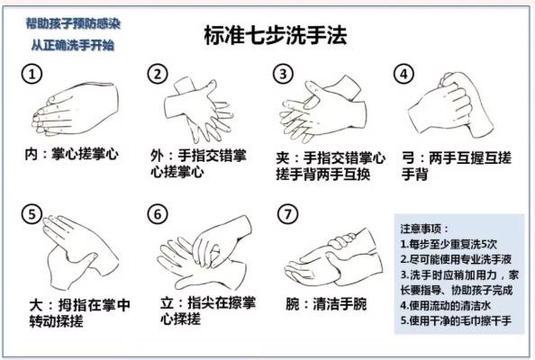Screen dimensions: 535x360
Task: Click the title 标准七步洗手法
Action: [276, 35]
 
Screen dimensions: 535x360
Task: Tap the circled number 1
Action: [32, 74]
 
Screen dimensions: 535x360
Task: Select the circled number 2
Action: [158, 74]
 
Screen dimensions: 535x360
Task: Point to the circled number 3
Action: [283, 74]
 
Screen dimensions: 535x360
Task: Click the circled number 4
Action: [404, 74]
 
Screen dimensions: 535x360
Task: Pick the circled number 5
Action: [32, 214]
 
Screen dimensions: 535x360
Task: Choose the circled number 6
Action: [158, 214]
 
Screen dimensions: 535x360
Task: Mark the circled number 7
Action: [288, 214]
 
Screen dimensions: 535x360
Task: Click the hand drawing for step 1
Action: [75, 109]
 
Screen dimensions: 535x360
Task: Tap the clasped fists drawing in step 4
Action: [451, 105]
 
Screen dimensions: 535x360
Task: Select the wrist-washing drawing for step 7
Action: [333, 257]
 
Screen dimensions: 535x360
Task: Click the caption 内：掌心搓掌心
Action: [72, 154]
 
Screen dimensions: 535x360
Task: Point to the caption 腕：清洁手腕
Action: [326, 304]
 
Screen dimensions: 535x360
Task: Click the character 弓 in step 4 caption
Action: [408, 158]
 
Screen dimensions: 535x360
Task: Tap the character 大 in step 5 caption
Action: [36, 305]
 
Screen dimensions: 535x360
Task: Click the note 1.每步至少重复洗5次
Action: [449, 244]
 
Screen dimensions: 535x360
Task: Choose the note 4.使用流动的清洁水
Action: [446, 305]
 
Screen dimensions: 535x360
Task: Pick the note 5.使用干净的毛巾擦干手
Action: [456, 320]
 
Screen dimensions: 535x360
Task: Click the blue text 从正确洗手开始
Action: [73, 45]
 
